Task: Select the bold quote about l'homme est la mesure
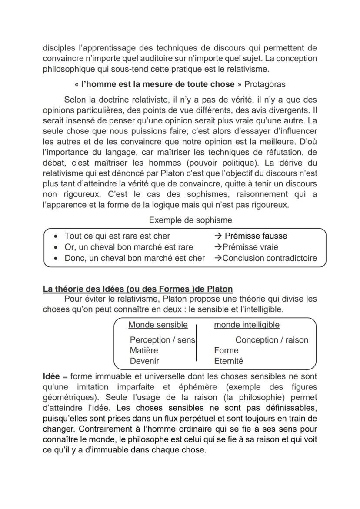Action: [155, 84]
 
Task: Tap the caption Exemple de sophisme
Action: [190, 220]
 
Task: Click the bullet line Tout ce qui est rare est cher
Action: [117, 236]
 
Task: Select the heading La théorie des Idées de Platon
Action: [137, 289]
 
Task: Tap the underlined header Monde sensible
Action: [158, 325]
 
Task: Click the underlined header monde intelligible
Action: [247, 325]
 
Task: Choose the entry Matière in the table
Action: [144, 350]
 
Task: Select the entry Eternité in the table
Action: [228, 361]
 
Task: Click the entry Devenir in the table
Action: [144, 361]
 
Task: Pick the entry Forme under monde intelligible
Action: [226, 350]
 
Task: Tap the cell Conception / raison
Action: [271, 340]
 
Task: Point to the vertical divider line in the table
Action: [196, 343]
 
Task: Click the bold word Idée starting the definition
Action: [51, 376]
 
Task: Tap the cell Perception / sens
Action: [162, 340]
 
